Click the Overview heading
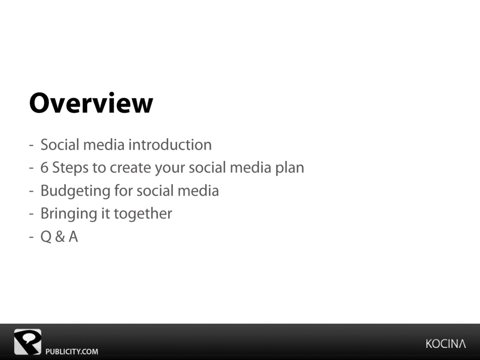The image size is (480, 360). click(x=91, y=103)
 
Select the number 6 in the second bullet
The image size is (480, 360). click(x=44, y=168)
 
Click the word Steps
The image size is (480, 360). click(x=70, y=168)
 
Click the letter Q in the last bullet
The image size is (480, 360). click(x=46, y=237)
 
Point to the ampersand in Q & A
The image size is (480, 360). click(x=60, y=237)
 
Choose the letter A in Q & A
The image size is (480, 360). click(x=73, y=237)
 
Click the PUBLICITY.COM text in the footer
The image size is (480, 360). click(x=72, y=351)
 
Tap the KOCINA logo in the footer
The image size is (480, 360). click(x=446, y=344)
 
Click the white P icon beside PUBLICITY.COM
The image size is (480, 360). click(x=28, y=342)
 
